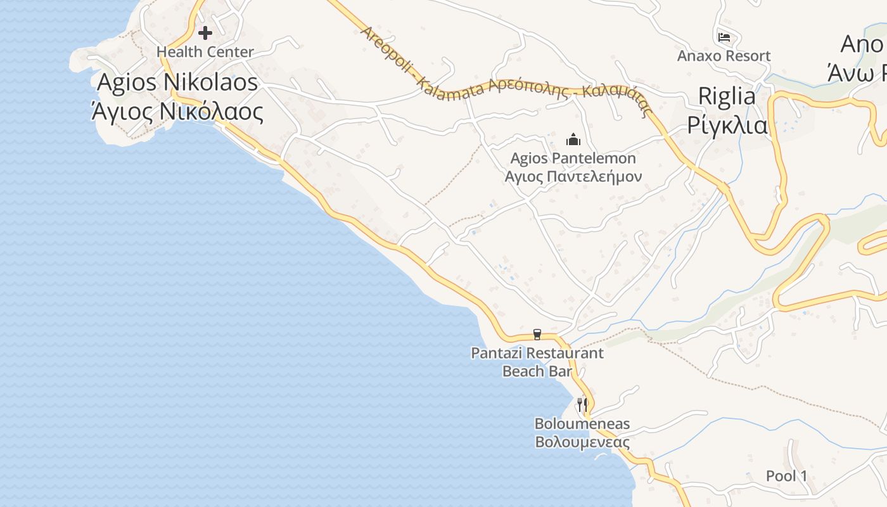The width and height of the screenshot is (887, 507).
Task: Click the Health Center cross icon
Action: pos(205,32)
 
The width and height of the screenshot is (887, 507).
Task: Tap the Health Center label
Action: pos(205,52)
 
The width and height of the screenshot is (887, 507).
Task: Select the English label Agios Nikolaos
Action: pos(177,82)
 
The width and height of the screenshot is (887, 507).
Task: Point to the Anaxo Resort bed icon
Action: pos(724,37)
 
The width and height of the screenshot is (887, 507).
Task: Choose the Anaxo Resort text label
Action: pos(724,56)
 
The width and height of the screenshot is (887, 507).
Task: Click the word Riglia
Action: pos(727,96)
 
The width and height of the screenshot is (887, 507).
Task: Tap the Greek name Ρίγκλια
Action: pos(727,125)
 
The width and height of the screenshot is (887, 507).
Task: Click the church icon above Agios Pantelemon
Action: pos(573,139)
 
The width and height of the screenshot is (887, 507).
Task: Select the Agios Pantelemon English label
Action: pos(573,158)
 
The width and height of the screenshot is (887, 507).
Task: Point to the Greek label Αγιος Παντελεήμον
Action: pos(573,176)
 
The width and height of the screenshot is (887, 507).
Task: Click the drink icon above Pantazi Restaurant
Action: pos(537,335)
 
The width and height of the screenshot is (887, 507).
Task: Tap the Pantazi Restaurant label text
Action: pos(537,353)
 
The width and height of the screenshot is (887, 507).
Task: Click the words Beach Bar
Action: pos(537,371)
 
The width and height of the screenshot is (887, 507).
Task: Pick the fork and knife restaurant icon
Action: pos(582,404)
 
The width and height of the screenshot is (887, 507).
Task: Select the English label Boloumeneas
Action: pos(582,423)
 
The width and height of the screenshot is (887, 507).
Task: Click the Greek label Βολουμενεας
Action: pos(582,442)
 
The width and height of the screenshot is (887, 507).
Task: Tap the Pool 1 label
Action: pos(786,476)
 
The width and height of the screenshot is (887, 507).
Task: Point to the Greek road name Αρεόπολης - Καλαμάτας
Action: pos(570,93)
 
